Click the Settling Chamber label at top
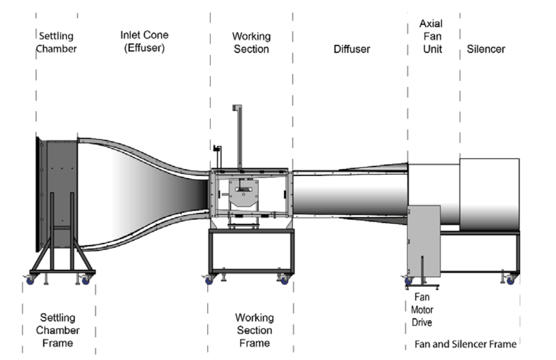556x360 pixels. (56, 42)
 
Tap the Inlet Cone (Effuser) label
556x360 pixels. (144, 41)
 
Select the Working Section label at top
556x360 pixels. (252, 43)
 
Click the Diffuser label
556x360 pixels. (352, 49)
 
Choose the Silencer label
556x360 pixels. (486, 49)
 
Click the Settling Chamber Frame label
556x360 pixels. (58, 330)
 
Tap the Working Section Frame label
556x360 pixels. (254, 330)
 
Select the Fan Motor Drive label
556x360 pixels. (421, 310)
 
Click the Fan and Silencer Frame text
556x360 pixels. (465, 344)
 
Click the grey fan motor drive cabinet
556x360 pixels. (424, 241)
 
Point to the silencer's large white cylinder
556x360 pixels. (489, 195)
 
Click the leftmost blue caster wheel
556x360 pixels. (31, 280)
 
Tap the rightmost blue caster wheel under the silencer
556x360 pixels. (511, 280)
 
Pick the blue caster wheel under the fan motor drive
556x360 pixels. (408, 281)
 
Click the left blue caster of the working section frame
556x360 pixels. (209, 280)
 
